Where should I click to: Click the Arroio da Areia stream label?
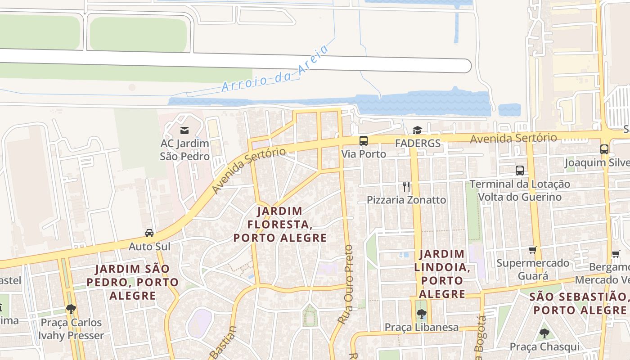click(275, 68)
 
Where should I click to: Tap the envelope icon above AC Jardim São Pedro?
click(184, 130)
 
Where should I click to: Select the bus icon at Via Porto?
click(364, 141)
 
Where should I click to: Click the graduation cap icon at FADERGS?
click(417, 130)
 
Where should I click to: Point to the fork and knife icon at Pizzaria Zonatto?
click(406, 187)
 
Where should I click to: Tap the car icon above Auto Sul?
click(149, 233)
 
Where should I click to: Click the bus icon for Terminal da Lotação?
click(520, 171)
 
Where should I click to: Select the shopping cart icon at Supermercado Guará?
click(533, 250)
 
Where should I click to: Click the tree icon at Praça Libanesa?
click(421, 314)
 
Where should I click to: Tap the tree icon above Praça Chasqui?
click(544, 333)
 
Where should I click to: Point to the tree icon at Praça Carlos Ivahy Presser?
click(71, 309)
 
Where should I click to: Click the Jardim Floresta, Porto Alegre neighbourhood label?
click(280, 224)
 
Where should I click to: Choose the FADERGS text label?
click(418, 144)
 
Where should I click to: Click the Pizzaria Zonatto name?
click(406, 200)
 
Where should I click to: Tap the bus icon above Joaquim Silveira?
click(604, 149)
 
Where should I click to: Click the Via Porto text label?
click(364, 154)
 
